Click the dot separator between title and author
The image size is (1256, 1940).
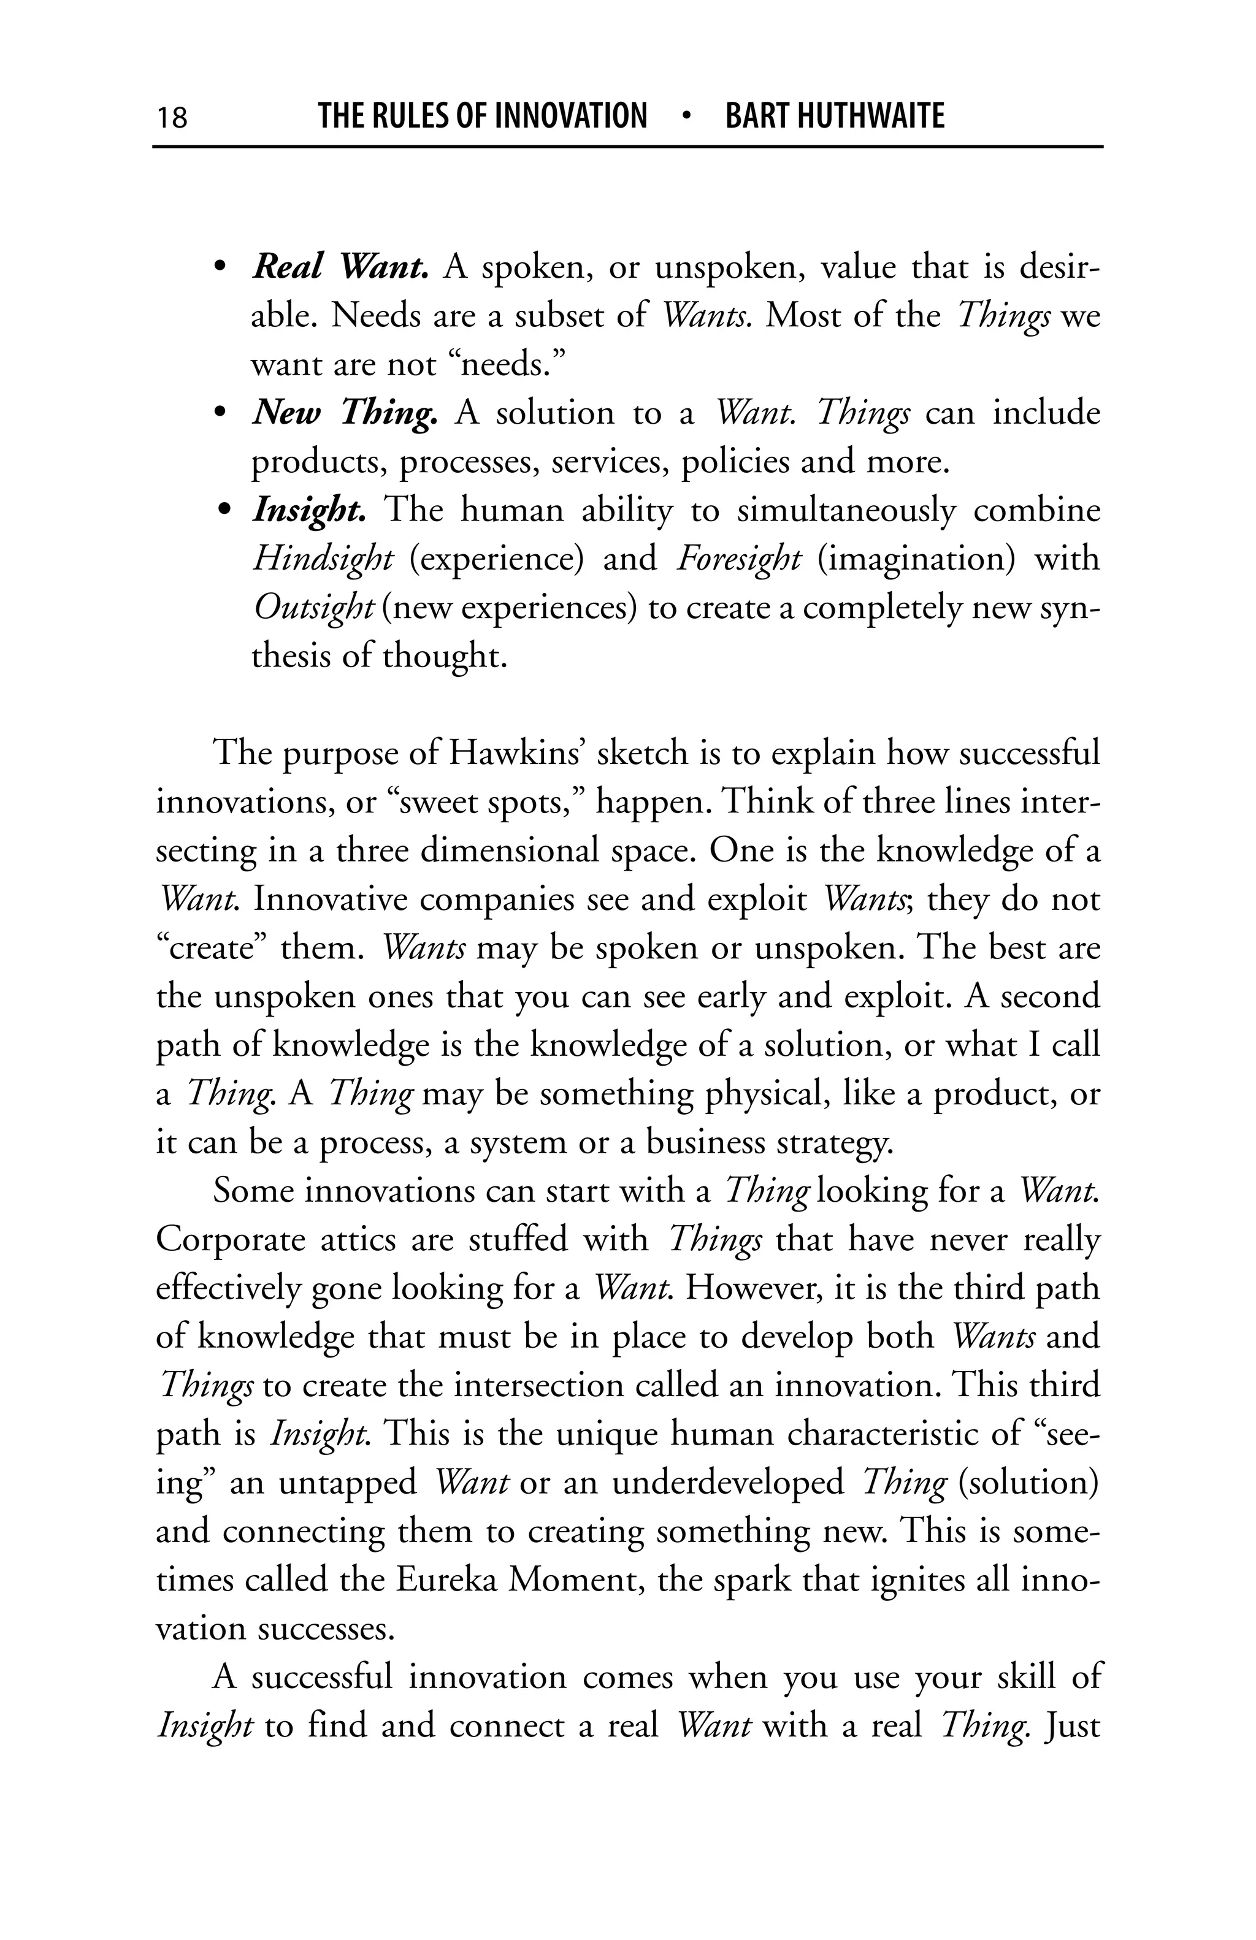686,116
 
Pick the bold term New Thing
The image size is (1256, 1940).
345,413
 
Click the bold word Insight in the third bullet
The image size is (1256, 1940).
308,511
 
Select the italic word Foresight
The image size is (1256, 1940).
738,559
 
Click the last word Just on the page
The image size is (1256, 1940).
1072,1725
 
